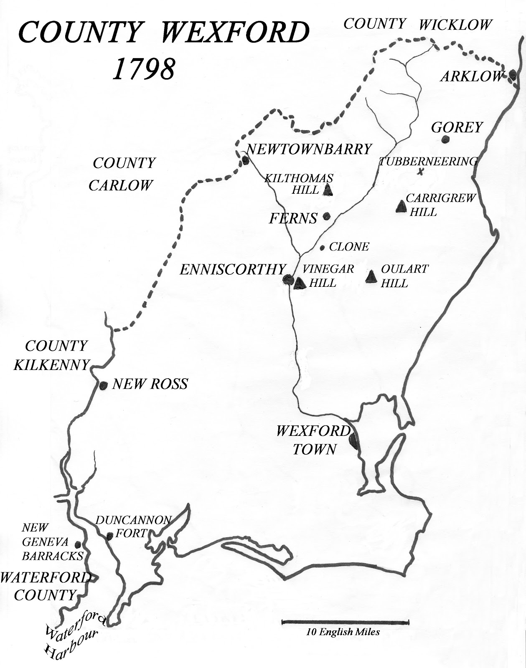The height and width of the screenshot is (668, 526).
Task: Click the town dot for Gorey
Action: pyautogui.click(x=446, y=139)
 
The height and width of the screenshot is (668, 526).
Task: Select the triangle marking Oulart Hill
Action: pyautogui.click(x=371, y=276)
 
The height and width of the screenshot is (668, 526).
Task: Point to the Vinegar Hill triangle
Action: pyautogui.click(x=300, y=283)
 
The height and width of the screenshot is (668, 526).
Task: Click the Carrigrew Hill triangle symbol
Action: pyautogui.click(x=401, y=206)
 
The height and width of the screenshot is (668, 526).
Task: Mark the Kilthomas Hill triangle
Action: pyautogui.click(x=328, y=190)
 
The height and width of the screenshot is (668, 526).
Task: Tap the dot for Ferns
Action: pyautogui.click(x=327, y=216)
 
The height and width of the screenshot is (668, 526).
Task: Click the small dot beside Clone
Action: pyautogui.click(x=323, y=248)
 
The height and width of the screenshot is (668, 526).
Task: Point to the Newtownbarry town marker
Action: pyautogui.click(x=245, y=160)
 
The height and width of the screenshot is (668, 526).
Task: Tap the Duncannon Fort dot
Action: pyautogui.click(x=109, y=536)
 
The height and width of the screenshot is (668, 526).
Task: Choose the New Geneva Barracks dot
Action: pyautogui.click(x=78, y=544)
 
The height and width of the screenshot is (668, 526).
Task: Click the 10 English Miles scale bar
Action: pyautogui.click(x=345, y=622)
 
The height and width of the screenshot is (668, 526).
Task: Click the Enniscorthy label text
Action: pyautogui.click(x=232, y=269)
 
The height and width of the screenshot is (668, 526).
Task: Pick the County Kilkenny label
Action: pyautogui.click(x=52, y=355)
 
